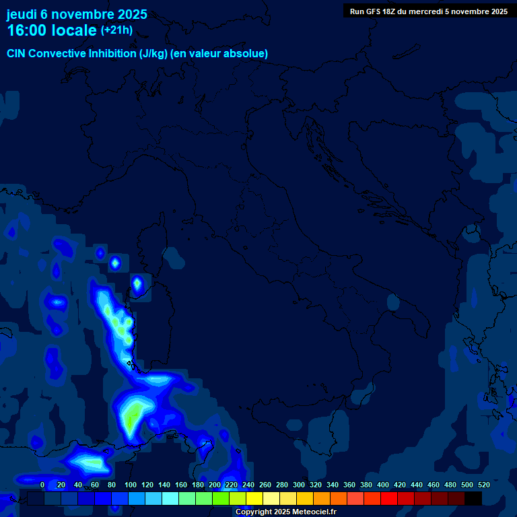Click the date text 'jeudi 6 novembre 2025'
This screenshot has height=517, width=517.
(x=77, y=14)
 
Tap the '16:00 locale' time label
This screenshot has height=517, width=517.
(x=51, y=30)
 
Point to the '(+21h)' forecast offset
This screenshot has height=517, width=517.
(x=116, y=30)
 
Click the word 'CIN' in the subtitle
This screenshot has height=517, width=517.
(x=16, y=54)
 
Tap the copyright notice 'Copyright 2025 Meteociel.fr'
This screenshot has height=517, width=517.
(x=285, y=512)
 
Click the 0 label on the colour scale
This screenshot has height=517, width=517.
(x=42, y=485)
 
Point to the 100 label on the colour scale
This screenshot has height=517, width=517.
(x=131, y=485)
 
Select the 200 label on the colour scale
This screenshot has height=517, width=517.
(x=215, y=485)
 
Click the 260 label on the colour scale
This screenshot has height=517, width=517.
(x=265, y=485)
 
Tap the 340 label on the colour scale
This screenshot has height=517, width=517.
(x=333, y=485)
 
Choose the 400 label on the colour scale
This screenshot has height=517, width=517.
(x=383, y=485)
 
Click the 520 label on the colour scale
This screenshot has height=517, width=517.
(x=484, y=485)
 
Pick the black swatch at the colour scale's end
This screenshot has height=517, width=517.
(x=473, y=498)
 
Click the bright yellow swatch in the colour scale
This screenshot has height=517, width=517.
(x=254, y=498)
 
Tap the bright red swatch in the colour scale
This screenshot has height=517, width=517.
(x=389, y=498)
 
